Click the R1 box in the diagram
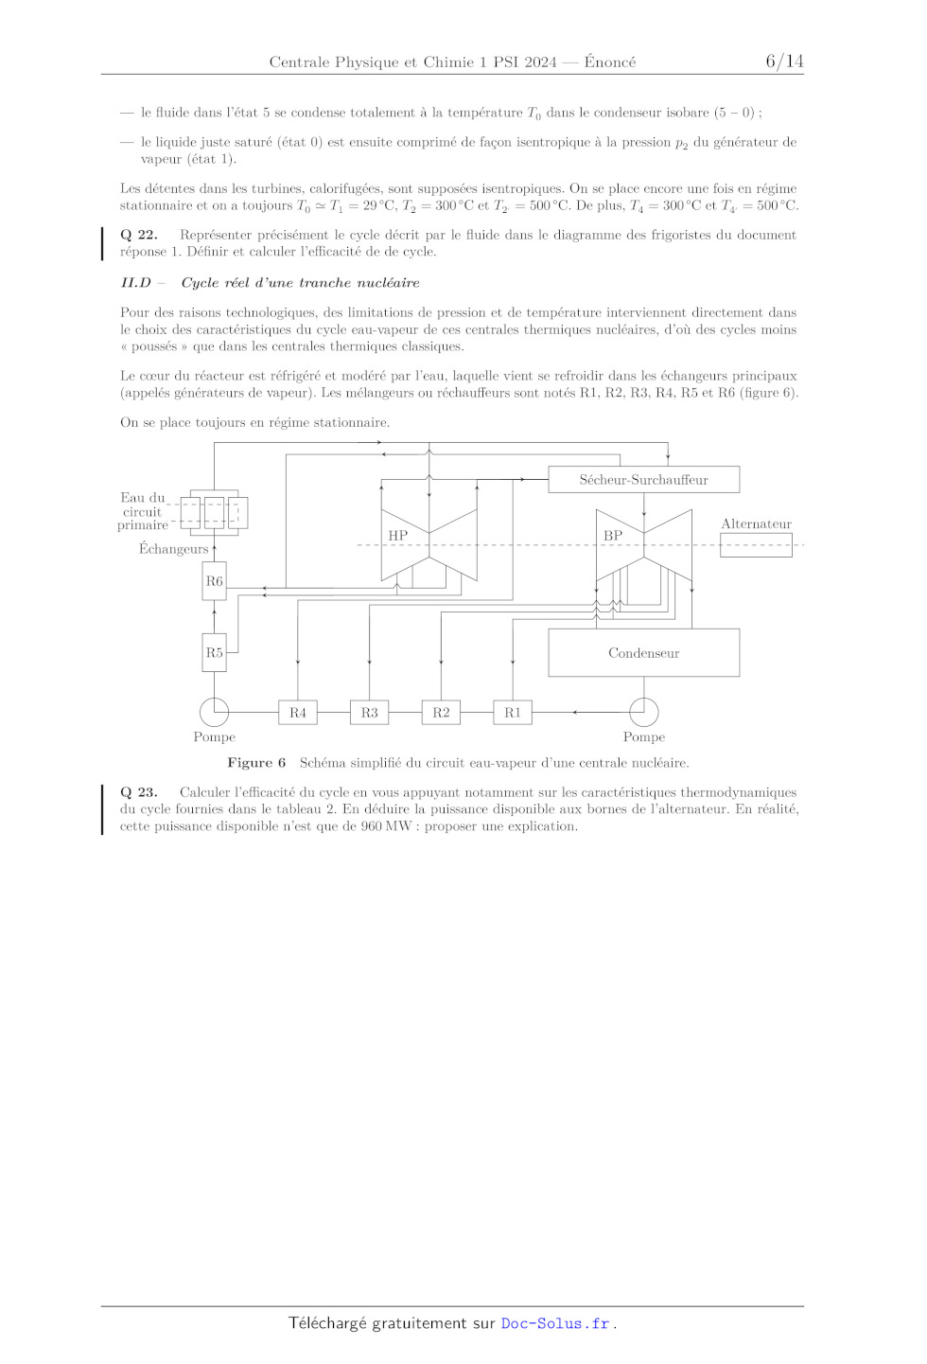[513, 713]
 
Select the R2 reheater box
[441, 713]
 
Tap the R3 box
[369, 713]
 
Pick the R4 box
[298, 713]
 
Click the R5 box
[215, 653]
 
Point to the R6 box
[215, 581]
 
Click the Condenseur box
[643, 653]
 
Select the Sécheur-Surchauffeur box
[643, 480]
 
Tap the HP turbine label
[398, 536]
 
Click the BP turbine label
[613, 536]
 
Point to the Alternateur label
[756, 524]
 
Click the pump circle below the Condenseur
[643, 712]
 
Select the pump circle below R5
[215, 712]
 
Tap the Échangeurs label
[173, 549]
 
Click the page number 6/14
[784, 62]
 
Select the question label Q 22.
[139, 235]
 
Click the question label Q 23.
[139, 792]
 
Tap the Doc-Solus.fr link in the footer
[555, 1323]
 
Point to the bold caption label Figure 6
[256, 763]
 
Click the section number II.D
[135, 283]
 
